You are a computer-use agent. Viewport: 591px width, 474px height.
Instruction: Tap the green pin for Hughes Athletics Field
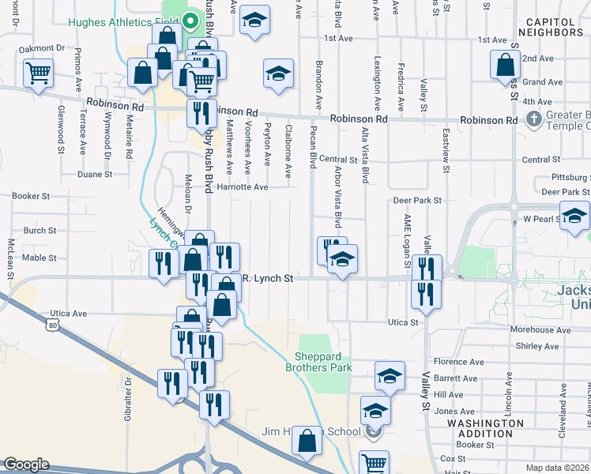(190, 21)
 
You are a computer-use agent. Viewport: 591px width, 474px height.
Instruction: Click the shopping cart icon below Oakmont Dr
(38, 73)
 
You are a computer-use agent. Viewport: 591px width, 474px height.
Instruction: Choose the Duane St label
(95, 174)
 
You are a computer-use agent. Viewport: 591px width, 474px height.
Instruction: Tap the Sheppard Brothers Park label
(322, 362)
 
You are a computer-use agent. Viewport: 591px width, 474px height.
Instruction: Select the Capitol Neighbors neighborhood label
(551, 27)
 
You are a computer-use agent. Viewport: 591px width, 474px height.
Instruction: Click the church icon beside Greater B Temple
(533, 119)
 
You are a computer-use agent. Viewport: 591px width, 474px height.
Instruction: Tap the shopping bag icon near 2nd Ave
(505, 66)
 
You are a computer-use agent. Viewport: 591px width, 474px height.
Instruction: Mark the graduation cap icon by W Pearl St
(574, 216)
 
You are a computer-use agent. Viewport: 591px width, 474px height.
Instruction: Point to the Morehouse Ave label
(540, 329)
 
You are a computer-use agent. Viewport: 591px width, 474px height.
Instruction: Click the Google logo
(26, 465)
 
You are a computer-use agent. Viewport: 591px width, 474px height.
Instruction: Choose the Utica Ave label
(69, 314)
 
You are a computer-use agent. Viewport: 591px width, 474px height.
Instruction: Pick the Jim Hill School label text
(311, 431)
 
